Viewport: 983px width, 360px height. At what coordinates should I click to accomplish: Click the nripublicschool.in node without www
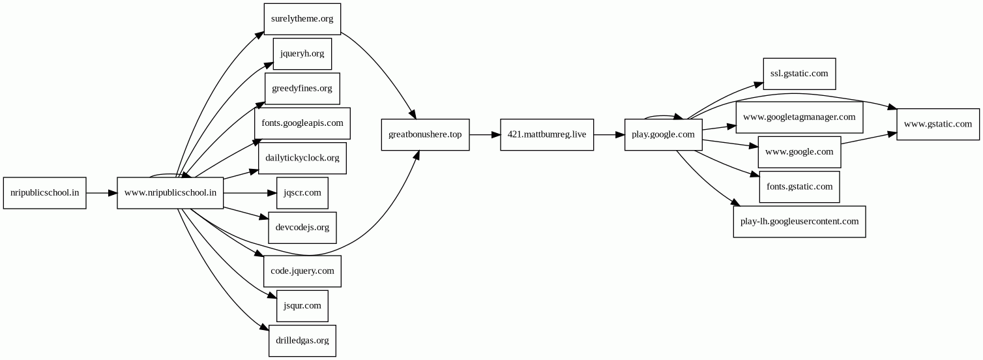[x=45, y=193]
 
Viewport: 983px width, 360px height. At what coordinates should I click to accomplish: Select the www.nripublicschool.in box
[x=170, y=193]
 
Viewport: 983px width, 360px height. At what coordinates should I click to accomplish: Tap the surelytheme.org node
[x=302, y=19]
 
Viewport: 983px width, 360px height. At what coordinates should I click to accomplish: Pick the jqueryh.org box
[x=302, y=53]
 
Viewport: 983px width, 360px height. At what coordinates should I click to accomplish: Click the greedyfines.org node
[x=302, y=88]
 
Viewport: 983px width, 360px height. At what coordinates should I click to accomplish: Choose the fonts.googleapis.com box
[x=302, y=123]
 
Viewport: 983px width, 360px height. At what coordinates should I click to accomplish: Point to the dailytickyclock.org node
[x=302, y=158]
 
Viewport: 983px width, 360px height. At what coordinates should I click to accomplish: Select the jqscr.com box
[x=302, y=193]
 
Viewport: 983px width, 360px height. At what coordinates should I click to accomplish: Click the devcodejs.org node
[x=302, y=228]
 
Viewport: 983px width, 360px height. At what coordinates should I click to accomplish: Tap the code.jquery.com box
[x=302, y=271]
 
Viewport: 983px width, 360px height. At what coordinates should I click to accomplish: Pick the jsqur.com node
[x=302, y=306]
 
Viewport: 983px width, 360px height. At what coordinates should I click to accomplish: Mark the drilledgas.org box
[x=302, y=340]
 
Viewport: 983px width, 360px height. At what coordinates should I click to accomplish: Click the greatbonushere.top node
[x=425, y=134]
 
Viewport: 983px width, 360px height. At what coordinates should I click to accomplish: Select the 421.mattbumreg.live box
[x=547, y=134]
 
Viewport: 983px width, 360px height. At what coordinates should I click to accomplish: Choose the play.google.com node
[x=664, y=134]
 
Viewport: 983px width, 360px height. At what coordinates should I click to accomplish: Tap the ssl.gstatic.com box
[x=799, y=74]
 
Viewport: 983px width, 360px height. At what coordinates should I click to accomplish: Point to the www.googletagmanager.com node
[x=799, y=117]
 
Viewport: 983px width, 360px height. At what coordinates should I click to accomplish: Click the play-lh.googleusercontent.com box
[x=799, y=222]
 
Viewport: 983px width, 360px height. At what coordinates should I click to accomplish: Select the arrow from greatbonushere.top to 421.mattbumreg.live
[x=485, y=135]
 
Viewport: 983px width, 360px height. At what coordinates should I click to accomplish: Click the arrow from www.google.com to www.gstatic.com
[x=869, y=138]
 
